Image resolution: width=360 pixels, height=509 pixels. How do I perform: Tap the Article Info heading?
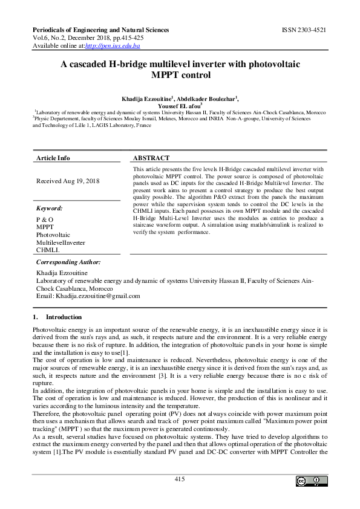pos(53,158)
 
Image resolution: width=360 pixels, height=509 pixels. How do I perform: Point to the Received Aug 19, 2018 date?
pos(68,181)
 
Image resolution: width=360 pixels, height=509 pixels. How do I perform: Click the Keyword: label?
pos(50,209)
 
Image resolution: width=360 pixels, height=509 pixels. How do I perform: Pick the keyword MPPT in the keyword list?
pos(45,227)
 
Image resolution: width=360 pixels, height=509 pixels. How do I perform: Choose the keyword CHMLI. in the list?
pos(48,250)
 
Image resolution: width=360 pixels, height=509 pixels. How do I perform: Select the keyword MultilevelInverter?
pos(61,242)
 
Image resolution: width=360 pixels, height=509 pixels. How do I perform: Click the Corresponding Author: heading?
pos(69,262)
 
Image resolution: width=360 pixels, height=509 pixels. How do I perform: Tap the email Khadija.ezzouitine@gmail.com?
pos(97,296)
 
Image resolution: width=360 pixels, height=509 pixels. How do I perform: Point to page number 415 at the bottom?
pos(179,479)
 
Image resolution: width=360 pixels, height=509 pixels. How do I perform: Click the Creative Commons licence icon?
pos(308,481)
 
